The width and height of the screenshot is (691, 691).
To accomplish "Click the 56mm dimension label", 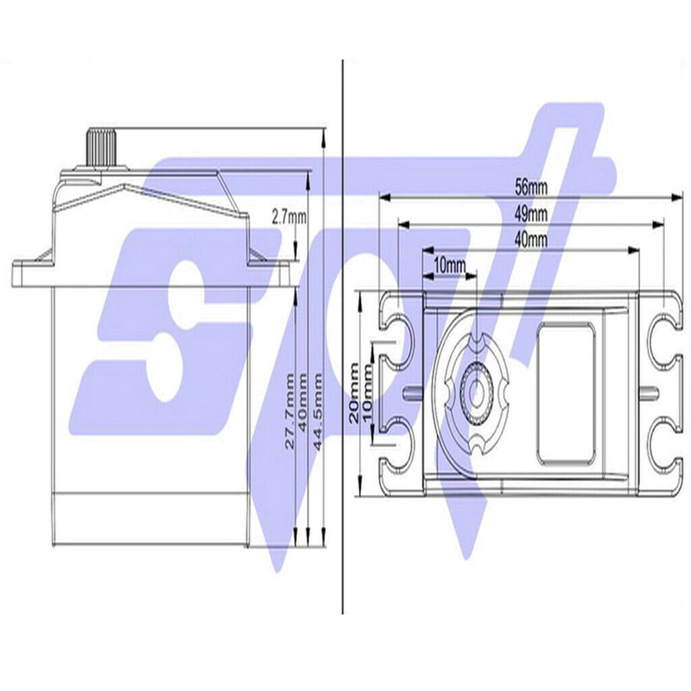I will [x=529, y=185].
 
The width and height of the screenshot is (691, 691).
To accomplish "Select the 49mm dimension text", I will [x=529, y=212].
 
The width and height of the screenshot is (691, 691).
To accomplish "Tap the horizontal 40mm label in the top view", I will [x=529, y=238].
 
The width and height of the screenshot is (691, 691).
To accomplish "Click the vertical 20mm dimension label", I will [x=354, y=391].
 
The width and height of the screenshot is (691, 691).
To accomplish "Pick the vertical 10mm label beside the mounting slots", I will [x=368, y=391].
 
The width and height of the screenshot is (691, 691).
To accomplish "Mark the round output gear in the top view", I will [x=476, y=391].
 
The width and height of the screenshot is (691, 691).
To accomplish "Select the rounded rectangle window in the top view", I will [x=566, y=391].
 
